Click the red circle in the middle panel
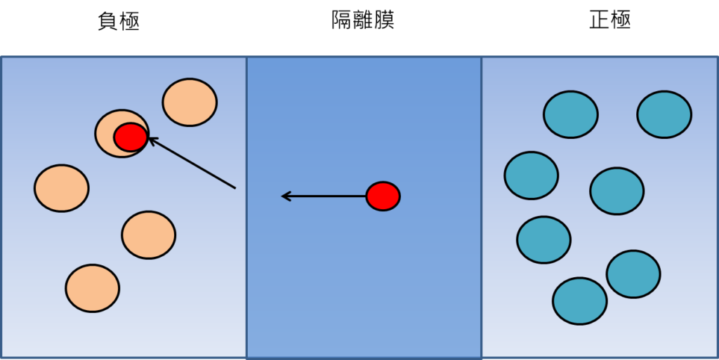[383, 196]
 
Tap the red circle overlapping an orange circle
[131, 137]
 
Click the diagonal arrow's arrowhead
[150, 139]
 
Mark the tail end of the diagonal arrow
[235, 187]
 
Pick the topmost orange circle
[190, 102]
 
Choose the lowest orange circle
[92, 288]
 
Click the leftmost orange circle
[61, 188]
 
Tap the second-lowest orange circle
[148, 235]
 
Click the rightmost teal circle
[664, 114]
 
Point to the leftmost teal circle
[531, 175]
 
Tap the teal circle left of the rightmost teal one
[570, 114]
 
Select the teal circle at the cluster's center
[616, 191]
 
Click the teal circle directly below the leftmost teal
[543, 240]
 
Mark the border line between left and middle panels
[246, 211]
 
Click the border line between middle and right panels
[482, 211]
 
